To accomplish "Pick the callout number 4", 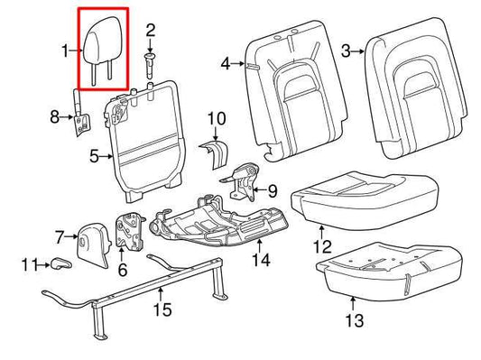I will pos(227,63).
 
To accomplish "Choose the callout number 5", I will pos(94,155).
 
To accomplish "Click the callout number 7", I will pos(60,237).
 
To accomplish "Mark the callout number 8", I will pos(54,115).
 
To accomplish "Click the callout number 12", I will pos(317,245).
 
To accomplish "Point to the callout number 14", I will pos(260,262).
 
